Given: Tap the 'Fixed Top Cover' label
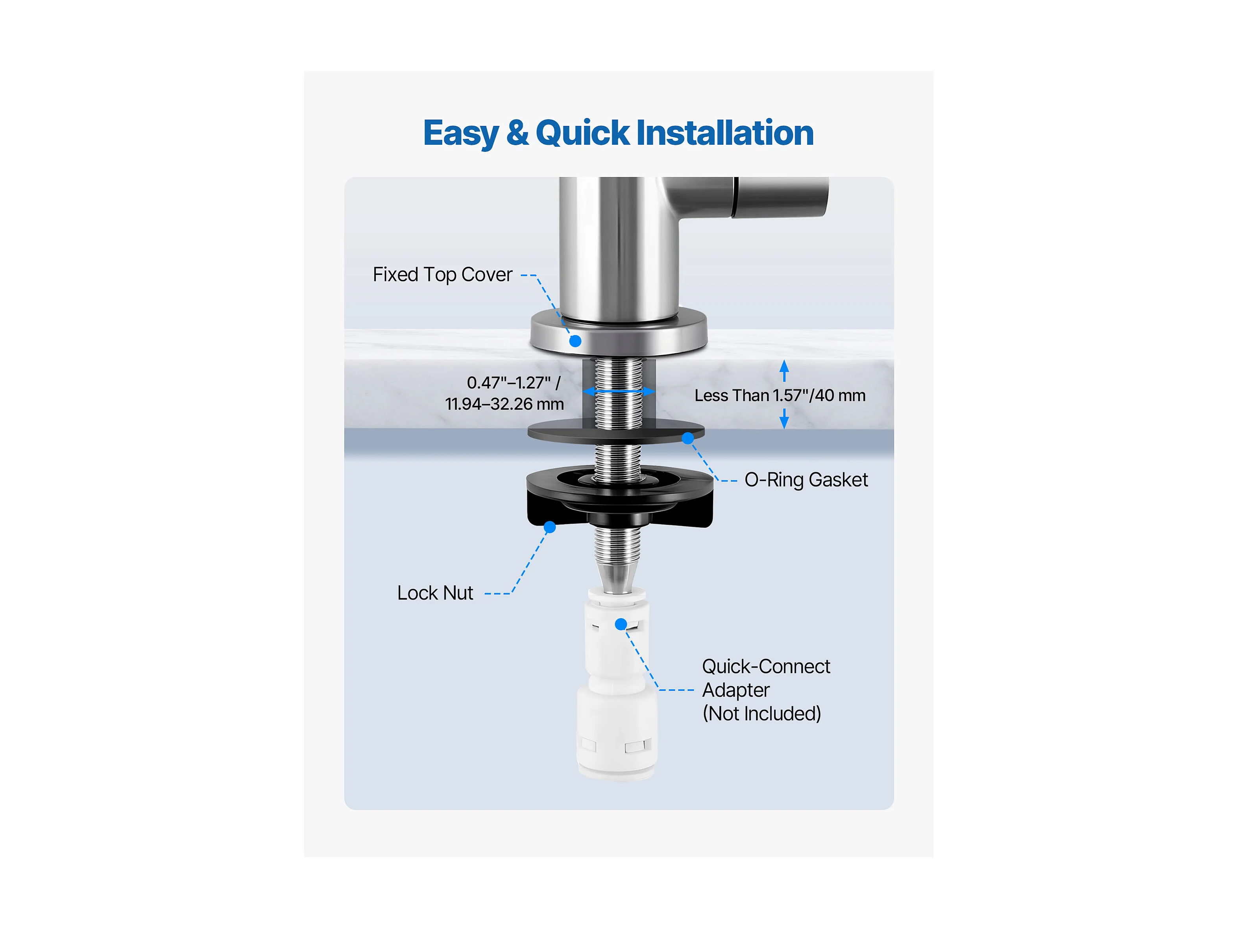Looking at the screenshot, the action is [x=443, y=275].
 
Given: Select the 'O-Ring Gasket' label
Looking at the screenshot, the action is [x=806, y=480].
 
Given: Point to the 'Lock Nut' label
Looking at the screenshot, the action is [x=435, y=593].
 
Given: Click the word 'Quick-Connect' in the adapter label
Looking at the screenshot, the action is [x=766, y=666].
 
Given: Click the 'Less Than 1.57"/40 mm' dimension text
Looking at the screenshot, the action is [x=780, y=395].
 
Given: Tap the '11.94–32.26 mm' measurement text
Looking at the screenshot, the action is [x=504, y=404].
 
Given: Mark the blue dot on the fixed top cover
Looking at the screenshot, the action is [x=575, y=341].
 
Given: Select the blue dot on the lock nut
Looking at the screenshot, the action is [x=550, y=527].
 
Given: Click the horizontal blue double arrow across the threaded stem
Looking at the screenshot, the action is [x=619, y=391].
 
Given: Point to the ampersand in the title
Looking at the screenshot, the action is [x=517, y=133].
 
